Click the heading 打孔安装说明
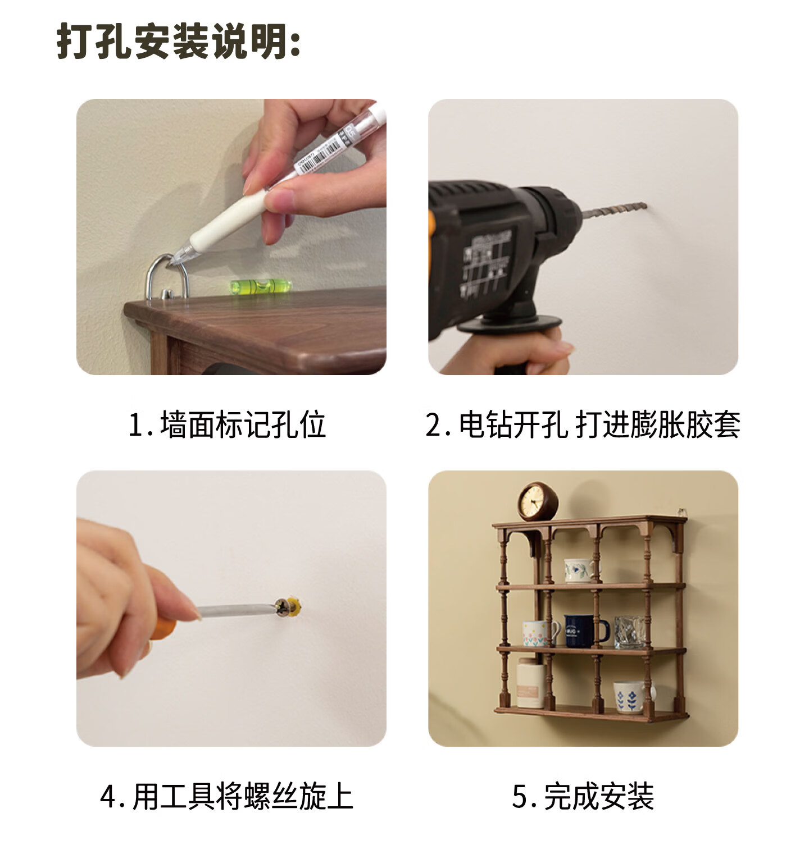click(x=179, y=41)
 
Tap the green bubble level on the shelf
click(x=261, y=286)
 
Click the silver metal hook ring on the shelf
click(x=166, y=277)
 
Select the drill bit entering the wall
click(x=615, y=211)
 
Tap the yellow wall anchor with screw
click(x=290, y=607)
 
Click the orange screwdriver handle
click(x=163, y=627)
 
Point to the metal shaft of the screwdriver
click(x=236, y=610)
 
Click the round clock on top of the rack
click(x=538, y=501)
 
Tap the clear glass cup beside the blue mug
click(x=630, y=632)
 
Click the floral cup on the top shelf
click(x=580, y=570)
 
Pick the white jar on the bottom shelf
click(x=530, y=682)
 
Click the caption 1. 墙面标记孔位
click(x=227, y=424)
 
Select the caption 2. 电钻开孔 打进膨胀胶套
click(x=583, y=424)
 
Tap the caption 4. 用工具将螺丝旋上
click(x=227, y=796)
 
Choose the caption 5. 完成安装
click(x=583, y=796)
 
